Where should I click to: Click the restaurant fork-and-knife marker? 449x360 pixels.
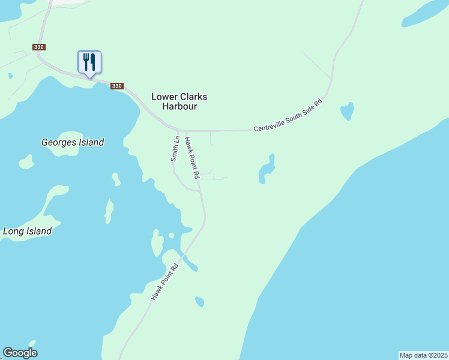[x=89, y=62]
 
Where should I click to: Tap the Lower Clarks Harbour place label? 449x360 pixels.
[x=179, y=101]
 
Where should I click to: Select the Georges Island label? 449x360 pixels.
[x=73, y=142]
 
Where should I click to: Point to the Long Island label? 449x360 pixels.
[x=27, y=231]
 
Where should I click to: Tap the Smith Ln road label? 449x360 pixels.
[x=175, y=149]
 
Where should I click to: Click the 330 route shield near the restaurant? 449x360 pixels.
[x=117, y=86]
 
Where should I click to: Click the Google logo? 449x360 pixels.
[x=20, y=353]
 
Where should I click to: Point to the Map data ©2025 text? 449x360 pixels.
[x=423, y=355]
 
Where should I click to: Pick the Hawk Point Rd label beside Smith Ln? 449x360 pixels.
[x=191, y=158]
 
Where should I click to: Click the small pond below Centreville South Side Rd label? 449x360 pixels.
[x=347, y=111]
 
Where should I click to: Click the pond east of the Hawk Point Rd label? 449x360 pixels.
[x=266, y=170]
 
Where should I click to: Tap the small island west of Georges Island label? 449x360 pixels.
[x=26, y=162]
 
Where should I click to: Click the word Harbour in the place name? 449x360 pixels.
[x=179, y=107]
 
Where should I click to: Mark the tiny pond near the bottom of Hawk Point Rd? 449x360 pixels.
[x=199, y=301]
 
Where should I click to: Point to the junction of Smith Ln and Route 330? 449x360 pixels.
[x=178, y=130]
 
